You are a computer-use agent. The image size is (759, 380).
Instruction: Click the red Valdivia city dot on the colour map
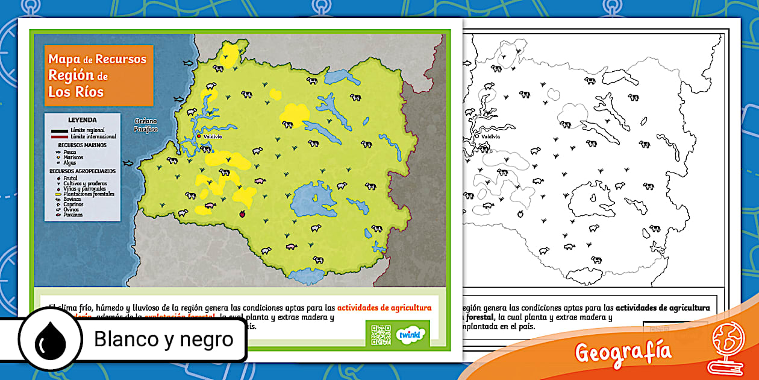click(199, 136)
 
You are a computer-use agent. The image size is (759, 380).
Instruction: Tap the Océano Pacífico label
click(146, 125)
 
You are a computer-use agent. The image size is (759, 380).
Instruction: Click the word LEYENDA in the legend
click(82, 120)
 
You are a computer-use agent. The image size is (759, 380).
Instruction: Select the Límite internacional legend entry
click(93, 137)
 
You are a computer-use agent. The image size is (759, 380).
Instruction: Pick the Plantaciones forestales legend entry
click(89, 194)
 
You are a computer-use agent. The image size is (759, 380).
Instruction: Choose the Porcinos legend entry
click(73, 215)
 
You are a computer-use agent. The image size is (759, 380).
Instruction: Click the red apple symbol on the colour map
click(242, 213)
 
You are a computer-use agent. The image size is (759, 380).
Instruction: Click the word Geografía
click(623, 352)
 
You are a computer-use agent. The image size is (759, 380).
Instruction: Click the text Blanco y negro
click(163, 340)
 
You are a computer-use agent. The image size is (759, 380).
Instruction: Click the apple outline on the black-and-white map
click(519, 213)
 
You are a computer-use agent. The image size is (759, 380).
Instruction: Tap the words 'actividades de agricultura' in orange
click(384, 308)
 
